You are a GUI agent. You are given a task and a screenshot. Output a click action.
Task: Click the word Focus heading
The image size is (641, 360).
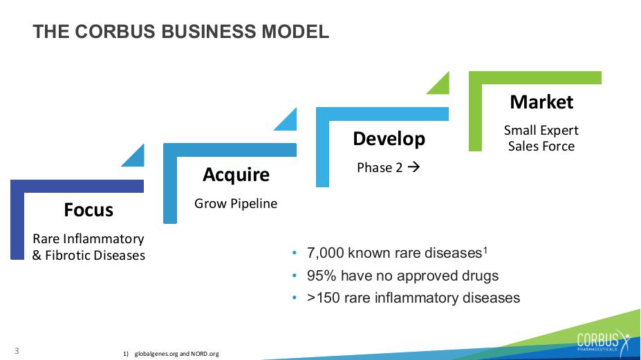point(89,209)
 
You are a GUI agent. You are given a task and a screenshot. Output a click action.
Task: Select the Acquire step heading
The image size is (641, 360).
point(236,175)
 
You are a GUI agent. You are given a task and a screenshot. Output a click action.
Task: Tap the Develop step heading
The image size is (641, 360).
point(389,139)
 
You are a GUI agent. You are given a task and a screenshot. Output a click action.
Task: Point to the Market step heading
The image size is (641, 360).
point(541,102)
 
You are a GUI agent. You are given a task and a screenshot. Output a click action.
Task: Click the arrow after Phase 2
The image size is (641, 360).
point(414,167)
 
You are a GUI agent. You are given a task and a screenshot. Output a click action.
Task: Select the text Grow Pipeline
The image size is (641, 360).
point(236,204)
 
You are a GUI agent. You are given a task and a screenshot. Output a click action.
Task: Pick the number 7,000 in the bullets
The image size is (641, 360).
point(326,253)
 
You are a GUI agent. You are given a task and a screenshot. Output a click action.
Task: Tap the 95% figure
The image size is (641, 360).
point(322,276)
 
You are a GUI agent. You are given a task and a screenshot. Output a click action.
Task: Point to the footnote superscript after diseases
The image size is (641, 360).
point(485,249)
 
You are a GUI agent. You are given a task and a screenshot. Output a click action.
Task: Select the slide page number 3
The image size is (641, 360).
point(17,350)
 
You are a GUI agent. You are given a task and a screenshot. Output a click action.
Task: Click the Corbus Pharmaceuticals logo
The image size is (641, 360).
point(604,341)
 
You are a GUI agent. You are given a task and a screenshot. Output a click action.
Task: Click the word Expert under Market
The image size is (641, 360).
point(559,131)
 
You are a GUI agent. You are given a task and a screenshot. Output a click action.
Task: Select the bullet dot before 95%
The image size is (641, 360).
point(295,276)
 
